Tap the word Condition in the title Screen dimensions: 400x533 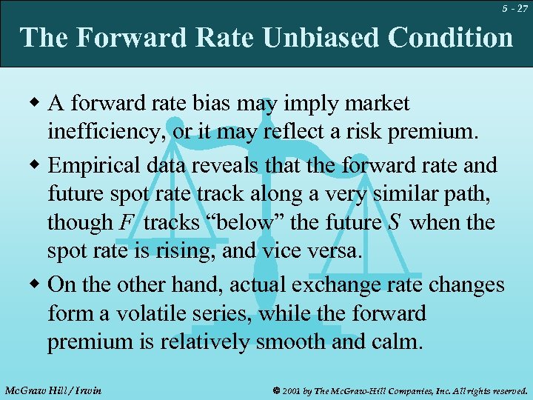(x=451, y=37)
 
